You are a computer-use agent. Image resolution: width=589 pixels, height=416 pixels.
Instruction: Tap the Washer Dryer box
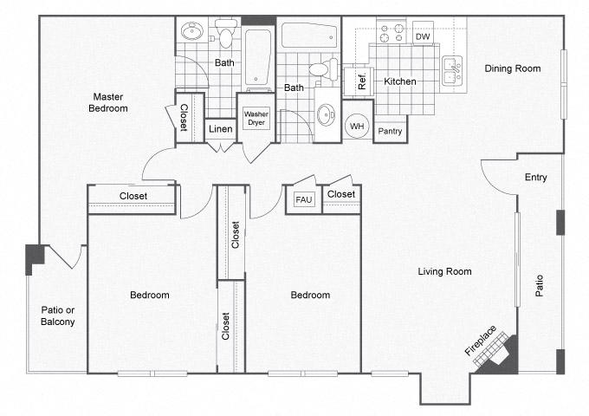pyautogui.click(x=255, y=119)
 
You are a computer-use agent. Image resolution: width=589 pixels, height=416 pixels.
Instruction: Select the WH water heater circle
pyautogui.click(x=356, y=127)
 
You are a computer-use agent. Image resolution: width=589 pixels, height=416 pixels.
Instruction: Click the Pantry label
pyautogui.click(x=391, y=131)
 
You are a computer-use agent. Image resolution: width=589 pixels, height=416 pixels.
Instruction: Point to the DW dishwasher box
pyautogui.click(x=423, y=36)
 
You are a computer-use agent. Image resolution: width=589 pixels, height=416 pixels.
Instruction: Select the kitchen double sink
pyautogui.click(x=451, y=71)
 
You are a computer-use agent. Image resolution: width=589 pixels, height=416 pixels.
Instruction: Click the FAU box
pyautogui.click(x=303, y=199)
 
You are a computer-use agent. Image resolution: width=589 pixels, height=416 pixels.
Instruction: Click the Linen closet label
pyautogui.click(x=220, y=129)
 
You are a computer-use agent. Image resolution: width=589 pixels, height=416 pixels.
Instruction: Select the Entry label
pyautogui.click(x=535, y=178)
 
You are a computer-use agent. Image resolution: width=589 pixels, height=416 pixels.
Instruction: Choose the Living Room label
pyautogui.click(x=444, y=271)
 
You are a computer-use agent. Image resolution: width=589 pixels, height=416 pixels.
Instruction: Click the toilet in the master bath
pyautogui.click(x=225, y=36)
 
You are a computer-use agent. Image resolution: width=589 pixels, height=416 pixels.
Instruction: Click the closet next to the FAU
pyautogui.click(x=341, y=194)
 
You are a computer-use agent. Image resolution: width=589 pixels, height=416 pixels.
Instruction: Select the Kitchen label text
pyautogui.click(x=400, y=81)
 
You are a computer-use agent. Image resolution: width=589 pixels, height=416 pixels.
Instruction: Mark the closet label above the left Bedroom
pyautogui.click(x=133, y=196)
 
